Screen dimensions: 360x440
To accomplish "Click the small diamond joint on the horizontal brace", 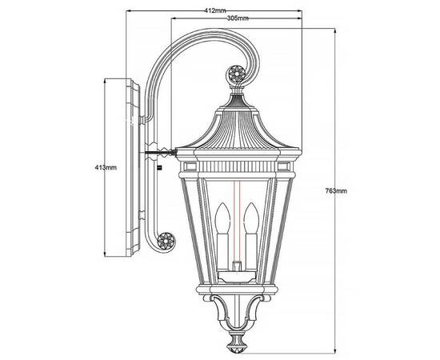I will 166,152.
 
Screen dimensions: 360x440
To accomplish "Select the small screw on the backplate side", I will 161,168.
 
